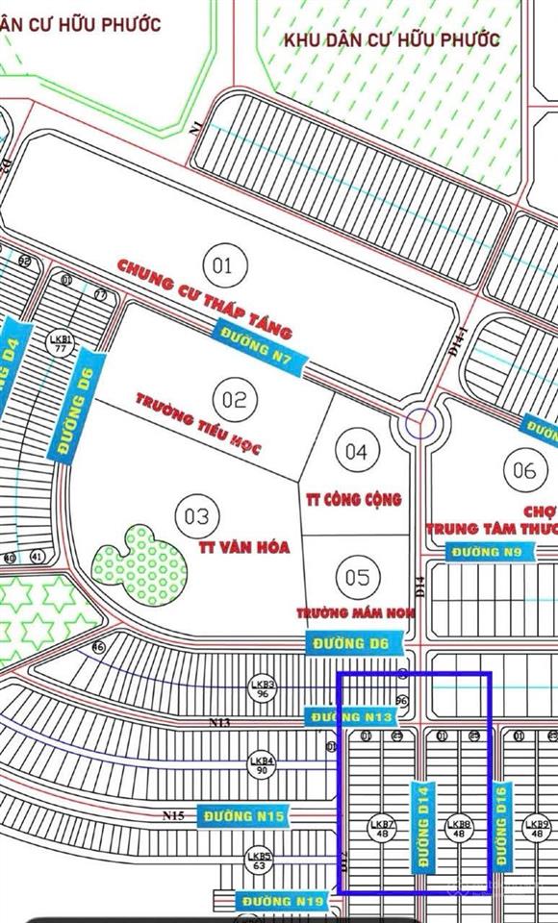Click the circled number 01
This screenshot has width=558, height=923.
point(222,263)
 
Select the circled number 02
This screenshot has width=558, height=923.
point(235,399)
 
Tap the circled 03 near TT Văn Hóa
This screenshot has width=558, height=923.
point(196,516)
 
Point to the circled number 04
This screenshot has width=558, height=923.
point(357,451)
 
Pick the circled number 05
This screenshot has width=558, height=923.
point(357,577)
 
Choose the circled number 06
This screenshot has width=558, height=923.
point(524,470)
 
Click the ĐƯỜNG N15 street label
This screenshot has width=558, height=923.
point(244,816)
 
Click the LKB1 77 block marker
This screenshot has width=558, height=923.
point(60,343)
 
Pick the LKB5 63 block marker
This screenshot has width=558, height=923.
point(259,860)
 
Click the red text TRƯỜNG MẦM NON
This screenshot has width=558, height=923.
point(347,611)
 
